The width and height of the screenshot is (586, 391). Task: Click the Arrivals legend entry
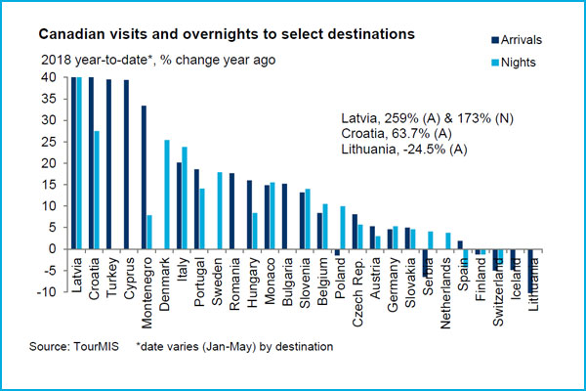click(x=514, y=39)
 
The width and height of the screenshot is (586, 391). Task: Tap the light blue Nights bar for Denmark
click(x=167, y=195)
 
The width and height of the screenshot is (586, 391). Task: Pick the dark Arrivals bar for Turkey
click(x=108, y=164)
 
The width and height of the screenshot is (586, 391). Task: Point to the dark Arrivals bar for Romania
click(x=232, y=211)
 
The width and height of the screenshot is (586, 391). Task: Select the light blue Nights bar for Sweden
click(x=220, y=210)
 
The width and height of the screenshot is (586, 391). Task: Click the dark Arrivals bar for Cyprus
click(x=126, y=164)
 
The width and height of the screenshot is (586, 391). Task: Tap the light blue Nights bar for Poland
click(x=343, y=228)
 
